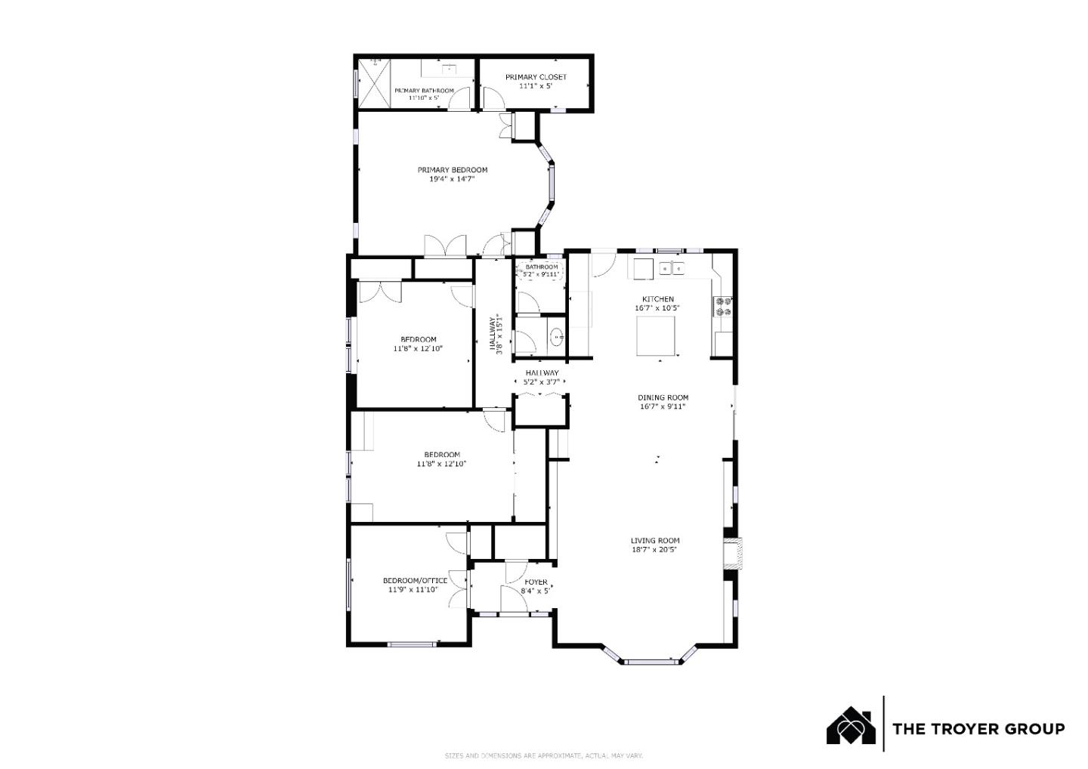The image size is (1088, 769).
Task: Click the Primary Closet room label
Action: pos(536,77)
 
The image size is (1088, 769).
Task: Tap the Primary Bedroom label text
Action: pos(453,170)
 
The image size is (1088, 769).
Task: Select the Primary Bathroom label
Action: pos(424,91)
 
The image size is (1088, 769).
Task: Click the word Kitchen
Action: pos(657,299)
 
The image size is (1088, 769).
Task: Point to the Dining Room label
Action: pos(663,397)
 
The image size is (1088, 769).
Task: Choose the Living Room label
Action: pos(655,541)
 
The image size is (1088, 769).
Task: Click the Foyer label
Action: pos(536,582)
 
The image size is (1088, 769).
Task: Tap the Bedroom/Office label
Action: pos(415,580)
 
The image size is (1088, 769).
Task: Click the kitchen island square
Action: pos(656,336)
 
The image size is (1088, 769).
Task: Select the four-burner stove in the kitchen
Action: pos(722,306)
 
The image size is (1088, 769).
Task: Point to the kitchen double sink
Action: pos(671,267)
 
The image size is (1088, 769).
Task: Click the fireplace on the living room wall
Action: pos(731,553)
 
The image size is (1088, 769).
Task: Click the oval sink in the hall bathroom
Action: pos(556,338)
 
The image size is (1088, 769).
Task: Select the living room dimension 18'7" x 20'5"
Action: pos(655,550)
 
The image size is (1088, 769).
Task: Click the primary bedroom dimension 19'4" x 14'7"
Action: pos(452,179)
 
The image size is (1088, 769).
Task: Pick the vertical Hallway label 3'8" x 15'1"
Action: pos(496,334)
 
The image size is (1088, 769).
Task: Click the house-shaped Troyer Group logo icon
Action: pos(851,726)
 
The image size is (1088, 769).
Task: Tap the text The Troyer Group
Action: pos(978,729)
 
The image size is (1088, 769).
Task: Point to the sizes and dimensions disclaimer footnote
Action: pos(543,755)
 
